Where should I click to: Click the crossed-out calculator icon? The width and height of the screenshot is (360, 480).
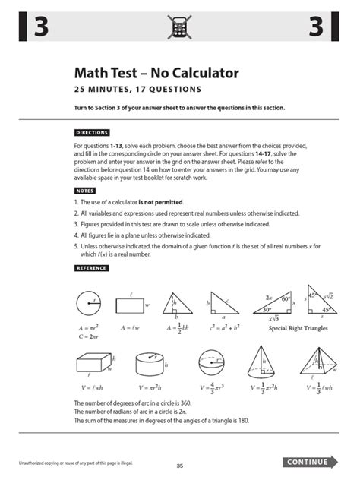[x=180, y=27]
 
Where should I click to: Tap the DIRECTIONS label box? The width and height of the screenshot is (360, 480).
[x=92, y=132]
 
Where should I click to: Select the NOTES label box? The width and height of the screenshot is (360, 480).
[x=85, y=191]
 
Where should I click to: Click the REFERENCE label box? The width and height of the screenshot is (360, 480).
[x=91, y=268]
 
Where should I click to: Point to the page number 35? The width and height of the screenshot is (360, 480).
[x=180, y=466]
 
